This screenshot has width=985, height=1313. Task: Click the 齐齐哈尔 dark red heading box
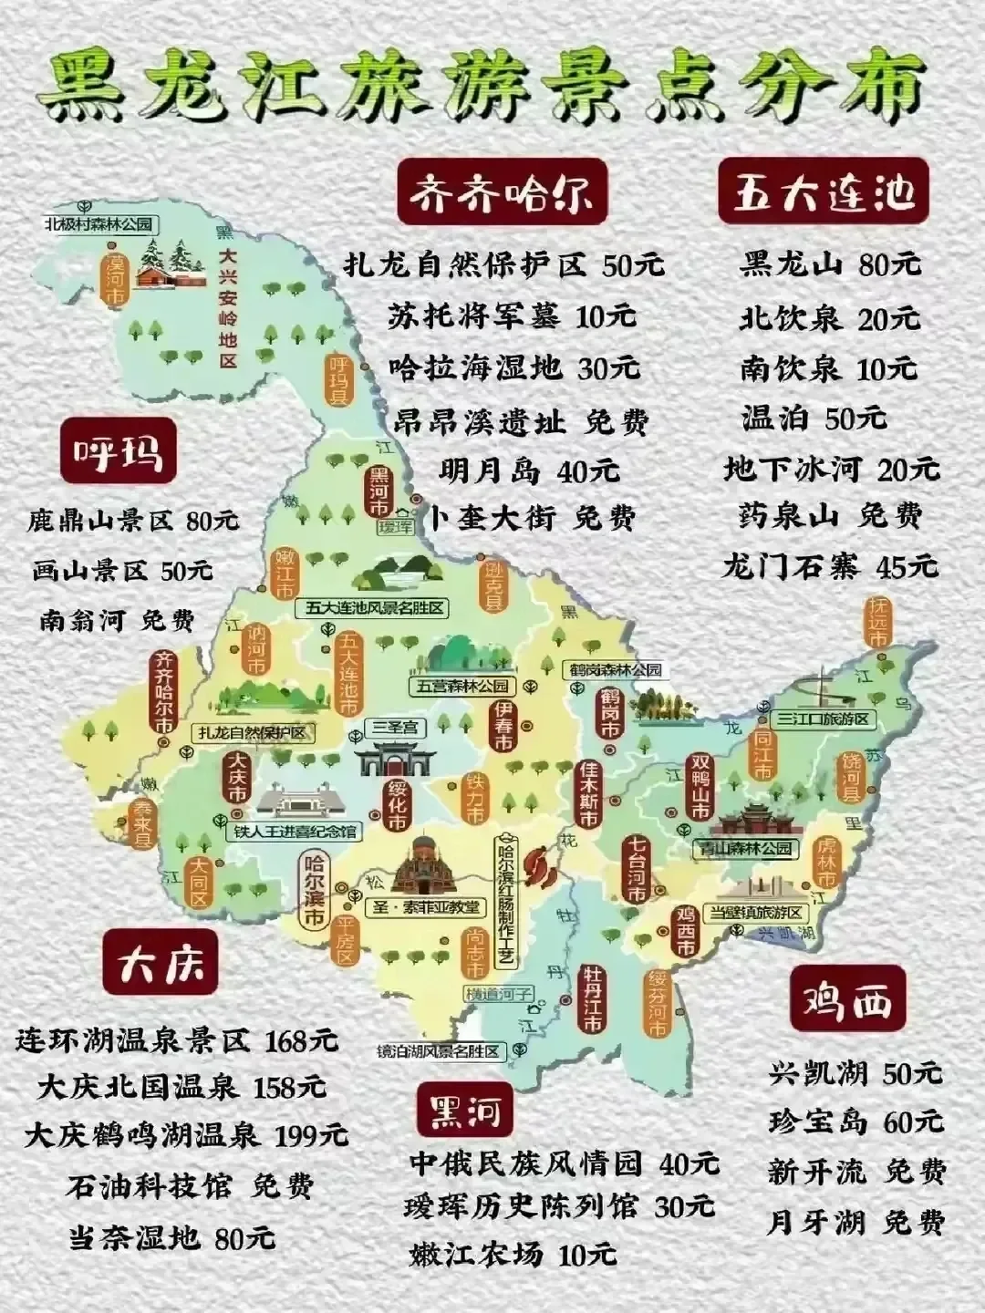pos(503,193)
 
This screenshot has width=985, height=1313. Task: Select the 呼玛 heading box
pos(119,450)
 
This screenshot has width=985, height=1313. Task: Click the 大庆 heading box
pos(161,962)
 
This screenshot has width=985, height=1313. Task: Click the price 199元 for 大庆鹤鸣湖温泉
pos(311,1136)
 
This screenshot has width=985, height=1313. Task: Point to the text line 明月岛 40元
pos(529,471)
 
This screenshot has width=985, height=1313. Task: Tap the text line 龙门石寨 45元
pos(829,565)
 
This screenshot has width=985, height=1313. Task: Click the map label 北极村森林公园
pos(98,222)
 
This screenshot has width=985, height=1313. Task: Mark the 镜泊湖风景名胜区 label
pos(441,1051)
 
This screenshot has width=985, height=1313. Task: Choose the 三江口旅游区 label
pos(825,719)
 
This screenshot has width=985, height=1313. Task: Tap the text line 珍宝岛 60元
pos(855,1121)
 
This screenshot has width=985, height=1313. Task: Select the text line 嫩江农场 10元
pos(513,1254)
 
